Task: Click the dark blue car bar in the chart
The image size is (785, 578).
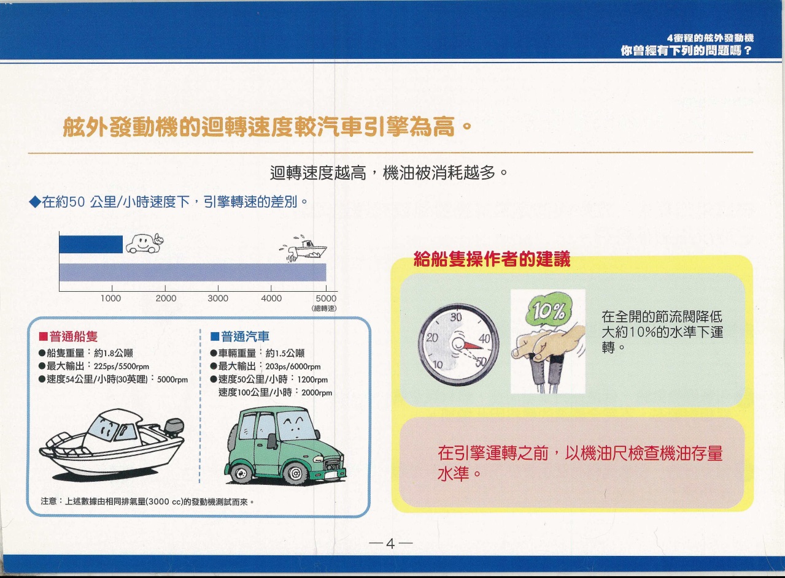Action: point(91,244)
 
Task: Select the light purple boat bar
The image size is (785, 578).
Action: point(192,272)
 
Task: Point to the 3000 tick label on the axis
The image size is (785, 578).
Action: point(218,299)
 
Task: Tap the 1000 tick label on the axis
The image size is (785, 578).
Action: point(110,299)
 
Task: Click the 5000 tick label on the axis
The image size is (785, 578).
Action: point(326,299)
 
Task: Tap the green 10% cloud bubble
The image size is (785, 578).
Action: point(547,311)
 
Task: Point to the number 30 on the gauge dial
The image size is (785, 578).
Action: point(456,318)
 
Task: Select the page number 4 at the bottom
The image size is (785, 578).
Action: point(390,543)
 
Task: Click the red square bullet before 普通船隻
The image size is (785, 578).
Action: point(43,337)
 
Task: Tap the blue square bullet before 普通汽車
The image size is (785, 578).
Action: point(214,337)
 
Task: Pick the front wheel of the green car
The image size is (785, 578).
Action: point(295,473)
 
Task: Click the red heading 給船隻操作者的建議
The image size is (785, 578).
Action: point(492,259)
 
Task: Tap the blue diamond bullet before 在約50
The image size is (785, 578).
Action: point(35,202)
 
